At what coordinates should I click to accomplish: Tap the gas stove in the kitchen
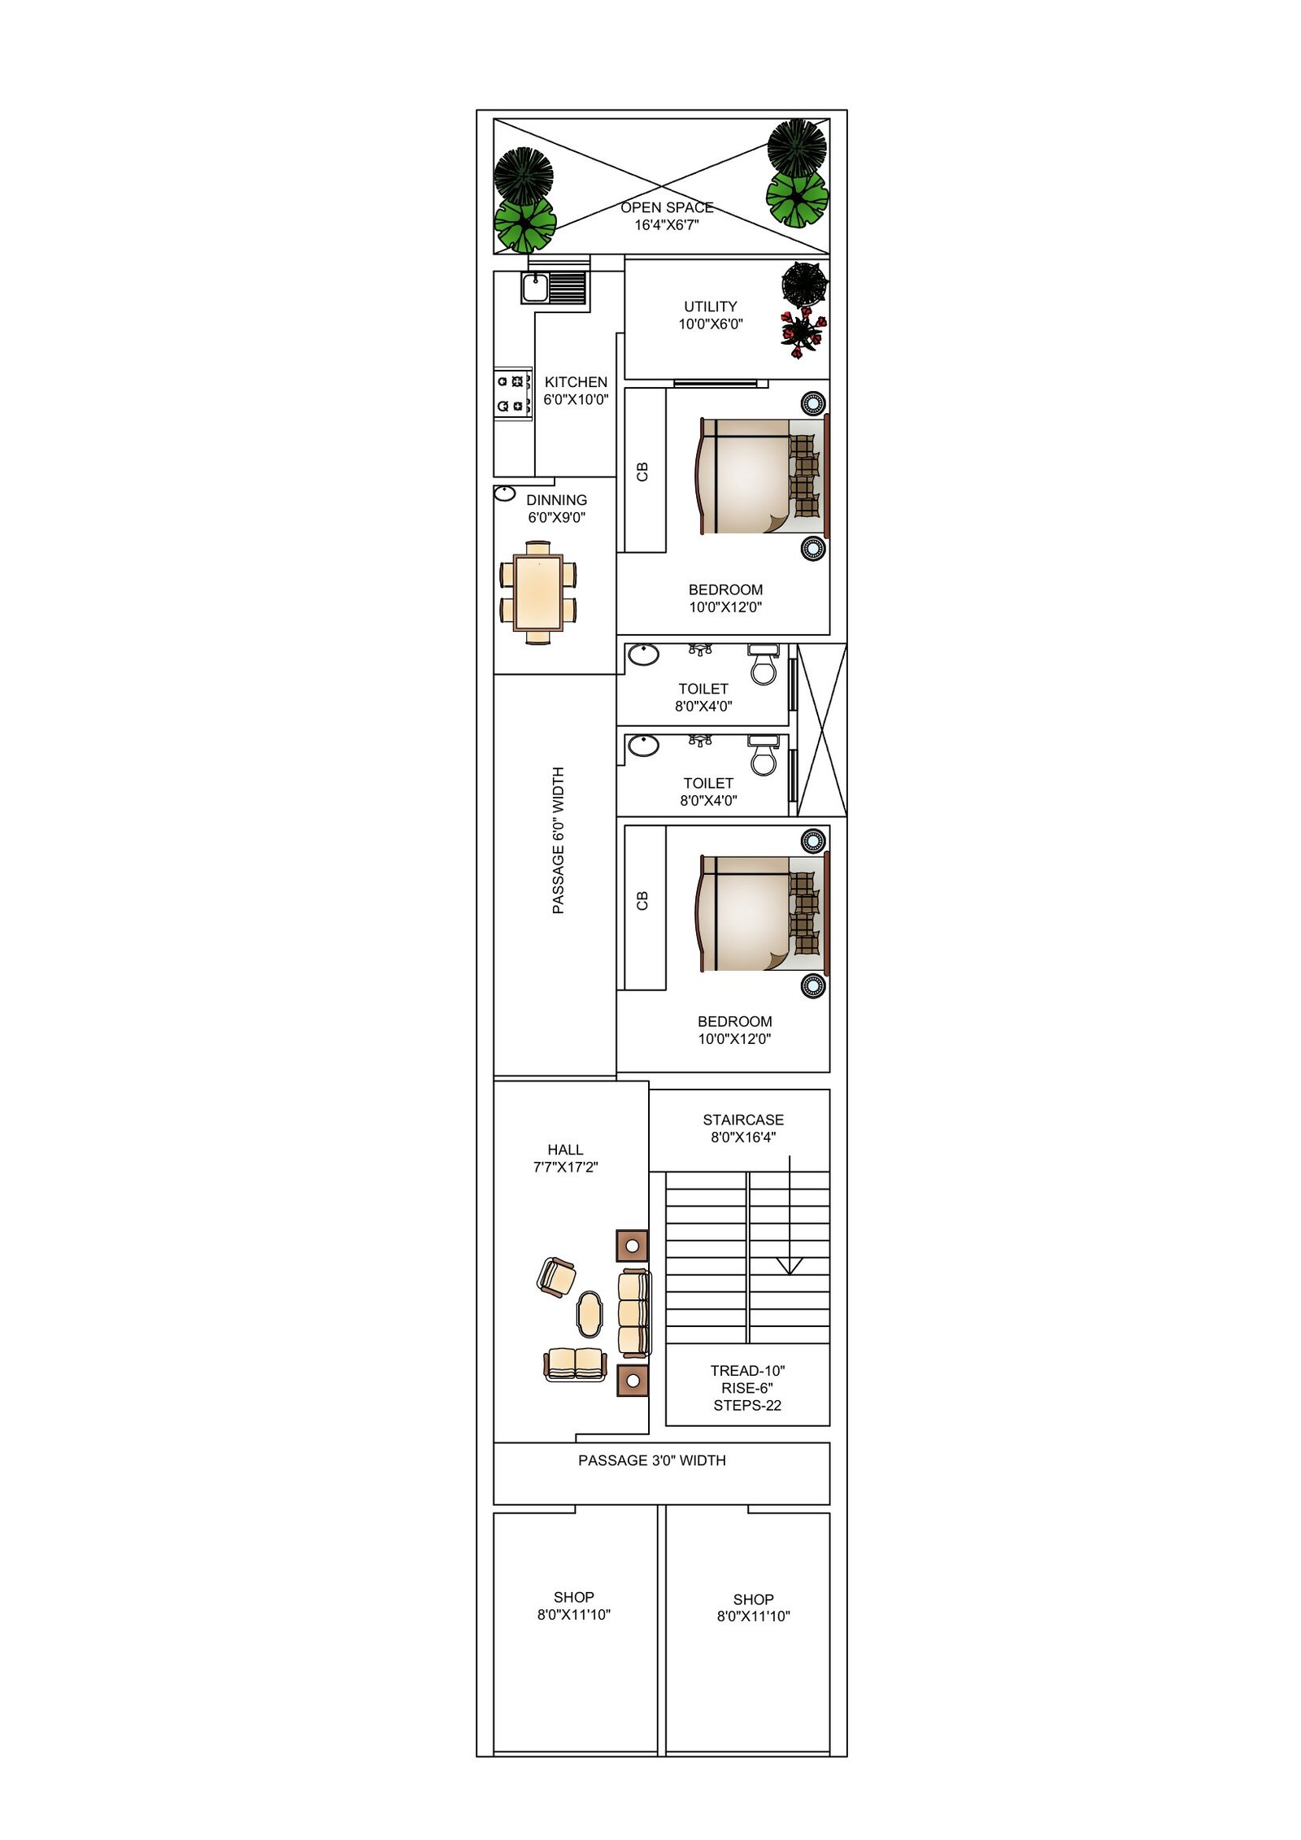point(513,394)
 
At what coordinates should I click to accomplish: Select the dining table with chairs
point(537,592)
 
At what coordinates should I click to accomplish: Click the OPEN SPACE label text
point(666,208)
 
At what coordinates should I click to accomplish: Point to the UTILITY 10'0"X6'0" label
point(710,315)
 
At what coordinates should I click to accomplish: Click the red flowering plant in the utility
point(802,332)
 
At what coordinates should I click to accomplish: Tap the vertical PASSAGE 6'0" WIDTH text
point(558,840)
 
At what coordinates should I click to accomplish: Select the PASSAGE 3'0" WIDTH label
point(651,1460)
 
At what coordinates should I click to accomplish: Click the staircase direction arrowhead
point(789,1265)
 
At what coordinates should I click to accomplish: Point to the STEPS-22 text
point(746,1406)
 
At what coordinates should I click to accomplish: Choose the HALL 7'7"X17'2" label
point(565,1158)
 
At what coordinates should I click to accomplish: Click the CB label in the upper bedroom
point(642,472)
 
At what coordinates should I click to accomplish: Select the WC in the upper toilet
point(763,666)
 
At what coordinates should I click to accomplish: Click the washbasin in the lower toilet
point(643,745)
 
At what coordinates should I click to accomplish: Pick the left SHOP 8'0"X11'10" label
point(573,1606)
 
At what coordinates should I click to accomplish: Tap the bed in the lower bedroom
point(760,913)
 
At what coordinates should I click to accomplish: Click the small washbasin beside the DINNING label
point(505,493)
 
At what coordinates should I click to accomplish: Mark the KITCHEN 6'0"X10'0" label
point(576,390)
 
